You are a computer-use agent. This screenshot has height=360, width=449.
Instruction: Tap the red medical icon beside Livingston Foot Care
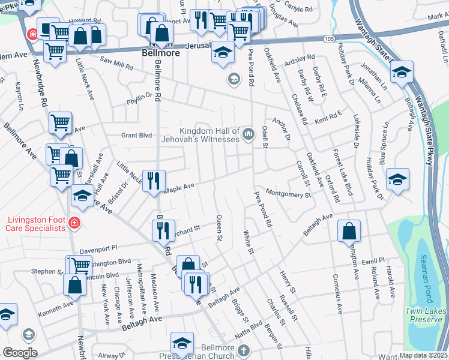[74, 223]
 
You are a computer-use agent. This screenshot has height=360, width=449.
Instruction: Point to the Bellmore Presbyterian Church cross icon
[243, 350]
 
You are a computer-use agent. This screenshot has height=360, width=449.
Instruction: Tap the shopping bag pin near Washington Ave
[349, 232]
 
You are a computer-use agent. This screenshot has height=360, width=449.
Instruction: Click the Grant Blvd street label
[137, 135]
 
